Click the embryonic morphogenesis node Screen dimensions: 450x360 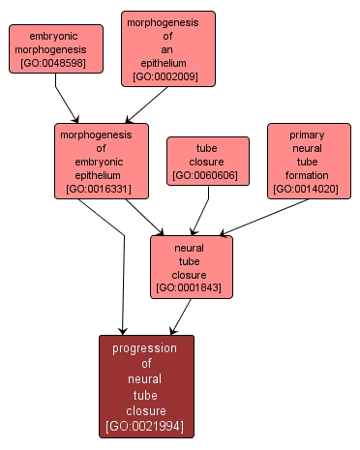[57, 49]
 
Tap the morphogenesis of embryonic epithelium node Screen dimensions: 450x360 [102, 161]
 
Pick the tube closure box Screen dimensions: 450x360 [208, 161]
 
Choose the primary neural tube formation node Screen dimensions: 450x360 [307, 161]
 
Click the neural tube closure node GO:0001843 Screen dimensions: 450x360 [191, 266]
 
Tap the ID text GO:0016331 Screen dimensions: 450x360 [102, 190]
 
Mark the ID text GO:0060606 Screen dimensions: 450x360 [208, 175]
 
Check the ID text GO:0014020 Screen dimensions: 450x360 [307, 190]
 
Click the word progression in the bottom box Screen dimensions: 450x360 [145, 347]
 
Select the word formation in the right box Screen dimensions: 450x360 [307, 175]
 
